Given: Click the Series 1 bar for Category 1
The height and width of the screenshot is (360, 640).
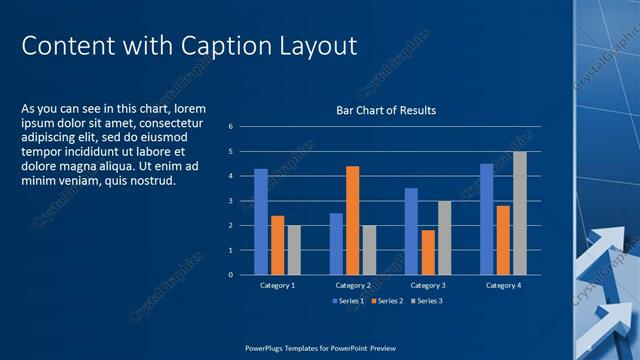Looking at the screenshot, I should (261, 221).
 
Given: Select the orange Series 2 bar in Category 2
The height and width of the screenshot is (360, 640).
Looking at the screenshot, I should (352, 220).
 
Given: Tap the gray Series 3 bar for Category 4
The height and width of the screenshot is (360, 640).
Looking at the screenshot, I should (519, 213).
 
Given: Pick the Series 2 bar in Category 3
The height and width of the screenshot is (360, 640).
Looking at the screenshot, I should (428, 252).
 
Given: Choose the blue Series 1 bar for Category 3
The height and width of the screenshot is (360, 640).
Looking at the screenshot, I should (411, 231).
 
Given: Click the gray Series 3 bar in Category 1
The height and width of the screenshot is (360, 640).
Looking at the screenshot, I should (294, 250).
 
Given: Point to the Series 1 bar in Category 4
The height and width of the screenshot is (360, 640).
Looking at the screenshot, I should (486, 219).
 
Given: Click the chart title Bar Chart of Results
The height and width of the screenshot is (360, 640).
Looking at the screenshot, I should (385, 110).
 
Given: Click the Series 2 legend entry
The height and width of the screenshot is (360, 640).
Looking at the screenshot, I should (389, 300).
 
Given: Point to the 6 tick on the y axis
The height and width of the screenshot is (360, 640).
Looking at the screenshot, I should (231, 127).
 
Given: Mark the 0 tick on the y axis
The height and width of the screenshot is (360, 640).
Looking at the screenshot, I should (231, 275).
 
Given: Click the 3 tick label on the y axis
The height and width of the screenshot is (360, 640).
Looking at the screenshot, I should (231, 201).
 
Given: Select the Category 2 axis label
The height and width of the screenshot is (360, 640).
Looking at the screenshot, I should (352, 285).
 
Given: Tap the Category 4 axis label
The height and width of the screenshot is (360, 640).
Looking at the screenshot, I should (503, 285).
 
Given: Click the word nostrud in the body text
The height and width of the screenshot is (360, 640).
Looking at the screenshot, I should (153, 181).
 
